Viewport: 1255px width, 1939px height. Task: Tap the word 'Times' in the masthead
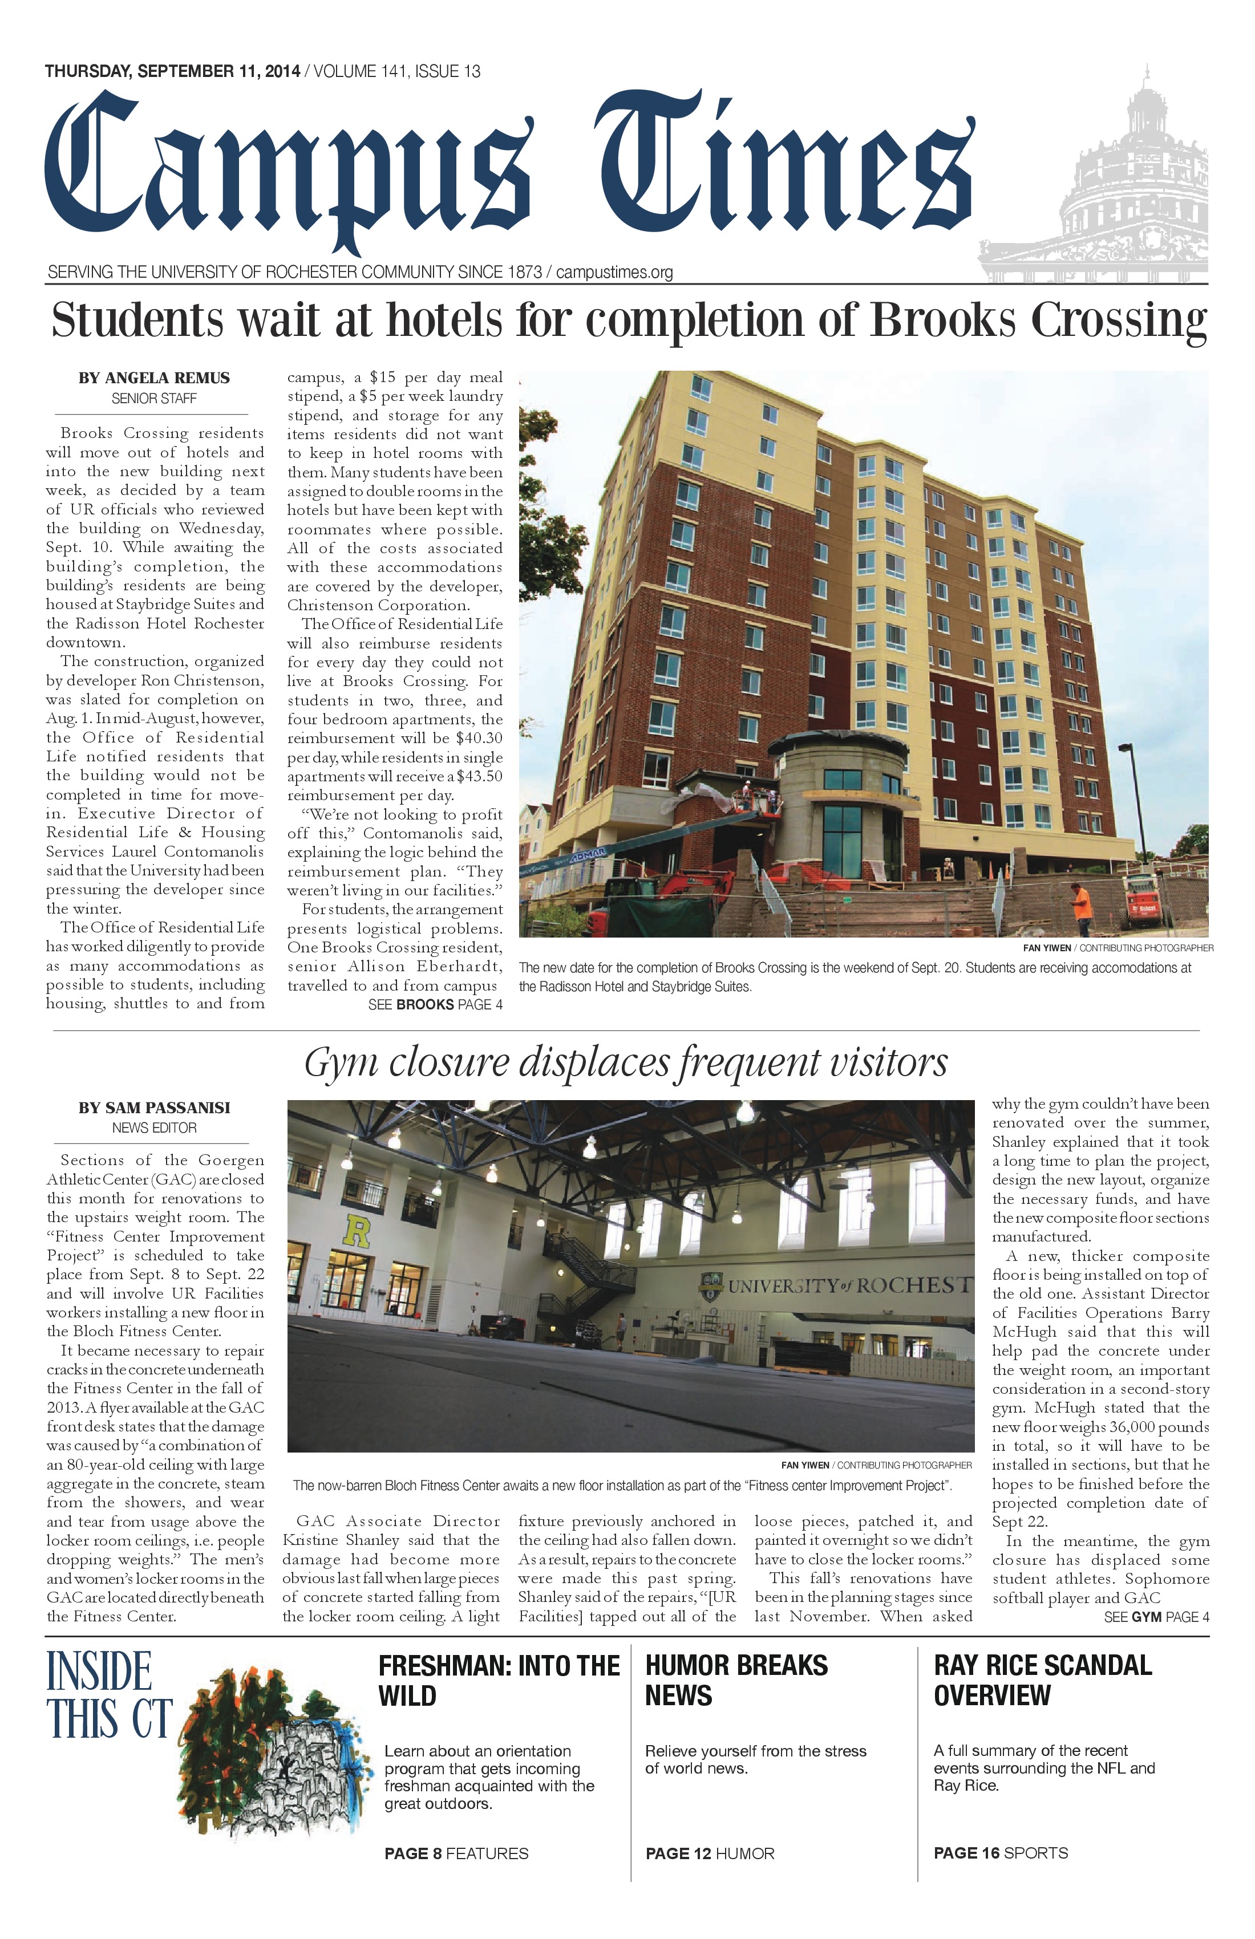pyautogui.click(x=782, y=167)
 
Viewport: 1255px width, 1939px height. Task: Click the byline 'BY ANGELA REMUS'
pyautogui.click(x=154, y=378)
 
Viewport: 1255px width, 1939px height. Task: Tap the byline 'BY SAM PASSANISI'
pyautogui.click(x=154, y=1108)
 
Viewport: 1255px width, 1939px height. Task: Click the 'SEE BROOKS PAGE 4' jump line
pyautogui.click(x=435, y=1004)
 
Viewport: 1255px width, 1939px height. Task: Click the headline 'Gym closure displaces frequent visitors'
pyautogui.click(x=626, y=1063)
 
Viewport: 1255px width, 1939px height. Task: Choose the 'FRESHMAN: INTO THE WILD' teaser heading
pyautogui.click(x=499, y=1681)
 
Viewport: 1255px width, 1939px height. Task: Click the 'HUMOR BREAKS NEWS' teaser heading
pyautogui.click(x=736, y=1681)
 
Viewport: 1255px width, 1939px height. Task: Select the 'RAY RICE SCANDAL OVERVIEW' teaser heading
pyautogui.click(x=1042, y=1680)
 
